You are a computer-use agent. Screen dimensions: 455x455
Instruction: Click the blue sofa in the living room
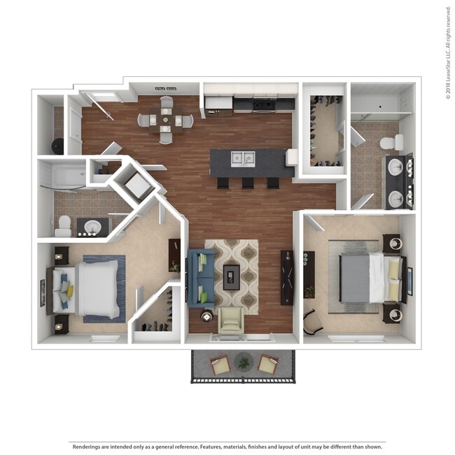pos(201,278)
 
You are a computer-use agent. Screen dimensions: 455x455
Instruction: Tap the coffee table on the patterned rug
pos(231,277)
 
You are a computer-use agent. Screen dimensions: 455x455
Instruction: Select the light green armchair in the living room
pos(231,320)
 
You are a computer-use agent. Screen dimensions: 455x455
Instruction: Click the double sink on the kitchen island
pos(243,159)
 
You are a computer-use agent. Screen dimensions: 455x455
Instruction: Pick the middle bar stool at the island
pos(248,183)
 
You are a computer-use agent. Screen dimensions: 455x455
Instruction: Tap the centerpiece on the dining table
pos(165,119)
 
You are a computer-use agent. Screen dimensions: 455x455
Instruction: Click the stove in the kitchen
pos(264,104)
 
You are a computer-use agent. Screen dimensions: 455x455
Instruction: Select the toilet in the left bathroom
pos(63,227)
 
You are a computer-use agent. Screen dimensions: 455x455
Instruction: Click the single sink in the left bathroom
pos(92,226)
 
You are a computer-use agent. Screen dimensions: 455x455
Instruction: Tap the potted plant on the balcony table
pos(244,363)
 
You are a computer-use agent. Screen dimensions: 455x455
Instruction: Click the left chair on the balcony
pos(220,365)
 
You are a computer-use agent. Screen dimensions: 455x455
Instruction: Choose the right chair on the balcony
pos(268,363)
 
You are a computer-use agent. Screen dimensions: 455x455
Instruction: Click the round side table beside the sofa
pos(206,317)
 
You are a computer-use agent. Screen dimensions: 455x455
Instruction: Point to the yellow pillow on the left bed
pos(70,291)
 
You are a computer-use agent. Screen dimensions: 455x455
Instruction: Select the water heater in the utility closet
pos(57,146)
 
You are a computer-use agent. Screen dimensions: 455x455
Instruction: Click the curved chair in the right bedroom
pos(312,322)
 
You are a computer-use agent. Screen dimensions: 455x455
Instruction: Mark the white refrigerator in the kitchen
pos(218,105)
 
